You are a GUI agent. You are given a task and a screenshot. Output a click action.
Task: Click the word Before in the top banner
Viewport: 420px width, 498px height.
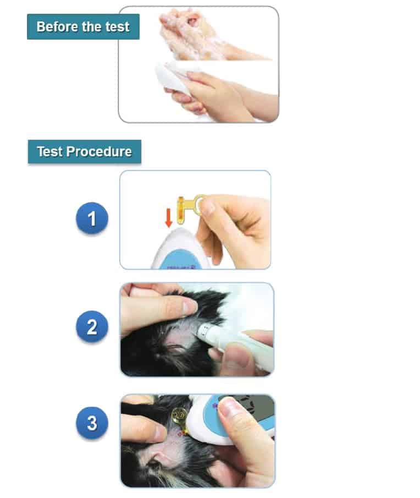point(57,26)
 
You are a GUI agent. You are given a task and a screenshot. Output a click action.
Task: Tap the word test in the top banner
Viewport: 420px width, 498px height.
point(117,27)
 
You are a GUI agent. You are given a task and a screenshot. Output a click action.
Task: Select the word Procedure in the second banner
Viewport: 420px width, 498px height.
point(99,152)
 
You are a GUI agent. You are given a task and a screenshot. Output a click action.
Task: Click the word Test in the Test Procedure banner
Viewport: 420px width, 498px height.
point(49,151)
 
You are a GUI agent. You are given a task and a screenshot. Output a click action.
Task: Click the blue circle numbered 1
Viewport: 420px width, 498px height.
point(92,218)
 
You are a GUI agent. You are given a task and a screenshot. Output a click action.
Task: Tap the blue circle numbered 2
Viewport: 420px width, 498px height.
point(92,326)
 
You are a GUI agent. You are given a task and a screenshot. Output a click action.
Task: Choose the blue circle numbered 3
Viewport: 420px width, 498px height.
point(92,423)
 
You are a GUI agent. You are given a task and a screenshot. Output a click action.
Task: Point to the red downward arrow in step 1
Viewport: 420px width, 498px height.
point(169,218)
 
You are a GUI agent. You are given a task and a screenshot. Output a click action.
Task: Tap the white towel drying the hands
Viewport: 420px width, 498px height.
point(172,76)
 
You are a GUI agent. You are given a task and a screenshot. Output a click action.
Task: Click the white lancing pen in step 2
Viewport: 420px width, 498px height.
point(235,344)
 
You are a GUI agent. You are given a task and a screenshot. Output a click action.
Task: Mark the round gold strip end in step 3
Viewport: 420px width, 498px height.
point(179,415)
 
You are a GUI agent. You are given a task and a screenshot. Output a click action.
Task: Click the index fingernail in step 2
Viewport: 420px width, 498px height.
point(189,307)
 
